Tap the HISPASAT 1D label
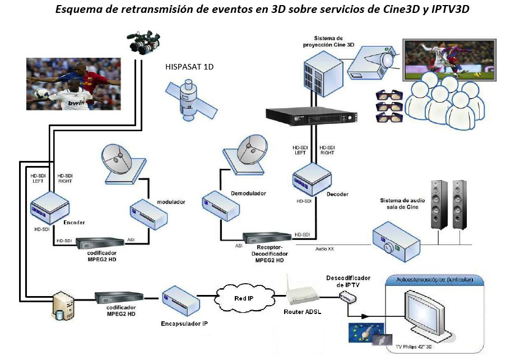pyautogui.click(x=189, y=67)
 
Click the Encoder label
pyautogui.click(x=75, y=223)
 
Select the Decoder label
pyautogui.click(x=337, y=194)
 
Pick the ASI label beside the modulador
pyautogui.click(x=131, y=239)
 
